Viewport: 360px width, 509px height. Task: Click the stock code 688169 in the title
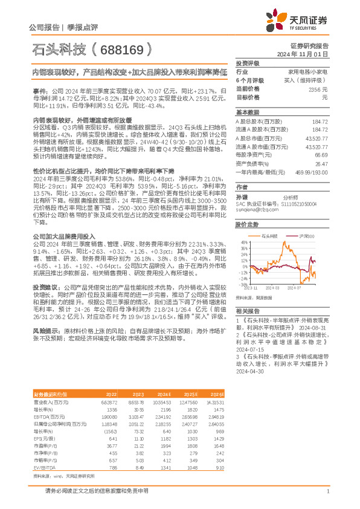pos(121,49)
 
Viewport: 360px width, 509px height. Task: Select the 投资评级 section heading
pos(248,63)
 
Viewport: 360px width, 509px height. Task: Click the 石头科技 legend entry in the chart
pos(269,235)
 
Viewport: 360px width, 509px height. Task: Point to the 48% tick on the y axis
pos(243,241)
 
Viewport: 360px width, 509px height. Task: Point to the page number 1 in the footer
pos(327,491)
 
